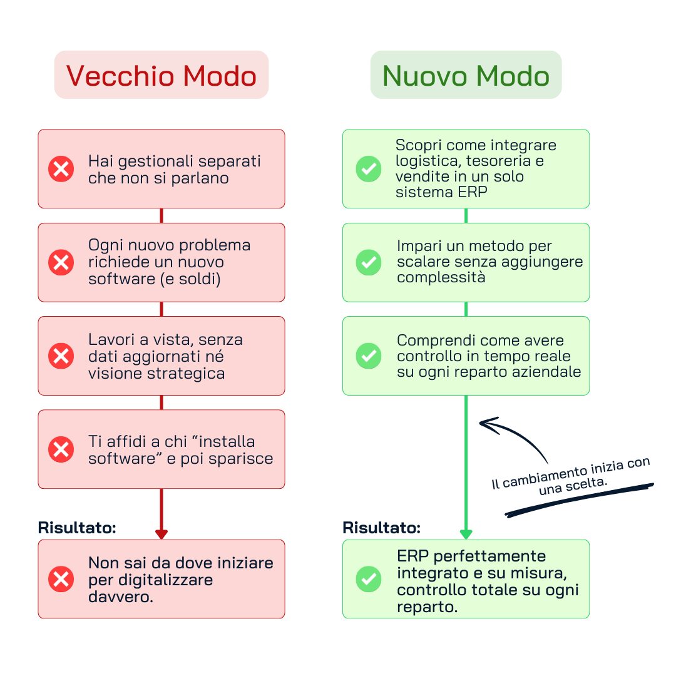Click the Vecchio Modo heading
pyautogui.click(x=161, y=76)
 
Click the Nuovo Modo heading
pyautogui.click(x=466, y=76)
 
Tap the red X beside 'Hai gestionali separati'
pyautogui.click(x=61, y=169)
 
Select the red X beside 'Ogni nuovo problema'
pyautogui.click(x=61, y=262)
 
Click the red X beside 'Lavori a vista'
pyautogui.click(x=61, y=356)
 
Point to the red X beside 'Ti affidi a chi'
pyautogui.click(x=61, y=449)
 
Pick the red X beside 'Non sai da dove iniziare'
pyautogui.click(x=61, y=579)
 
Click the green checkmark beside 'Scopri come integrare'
pyautogui.click(x=369, y=169)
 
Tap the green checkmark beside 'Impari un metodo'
pyautogui.click(x=369, y=262)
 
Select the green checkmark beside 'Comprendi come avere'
pyautogui.click(x=369, y=356)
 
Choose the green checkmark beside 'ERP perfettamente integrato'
pyautogui.click(x=369, y=579)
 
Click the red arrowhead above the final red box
pyautogui.click(x=161, y=534)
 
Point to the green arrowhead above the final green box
pyautogui.click(x=466, y=534)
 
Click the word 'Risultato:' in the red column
pyautogui.click(x=77, y=528)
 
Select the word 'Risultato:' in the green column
pyautogui.click(x=381, y=528)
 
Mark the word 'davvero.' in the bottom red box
pyautogui.click(x=121, y=597)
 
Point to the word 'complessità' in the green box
pyautogui.click(x=441, y=277)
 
